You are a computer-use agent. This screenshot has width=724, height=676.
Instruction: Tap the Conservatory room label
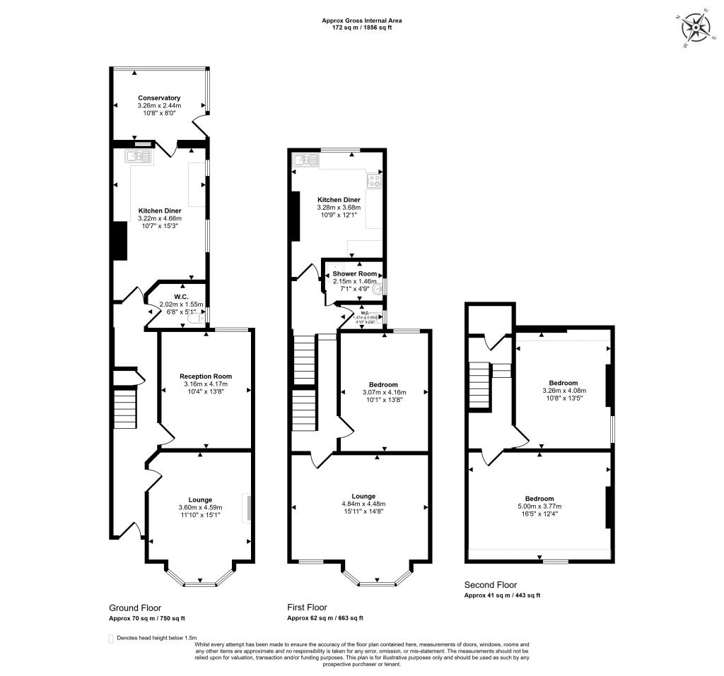coord(159,97)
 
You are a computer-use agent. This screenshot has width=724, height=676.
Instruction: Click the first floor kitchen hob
coord(373,181)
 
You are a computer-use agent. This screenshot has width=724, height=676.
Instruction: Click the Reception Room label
coord(205,376)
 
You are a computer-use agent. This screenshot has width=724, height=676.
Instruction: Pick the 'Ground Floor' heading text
coord(135,607)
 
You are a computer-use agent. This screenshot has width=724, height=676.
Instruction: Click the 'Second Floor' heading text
coord(490,585)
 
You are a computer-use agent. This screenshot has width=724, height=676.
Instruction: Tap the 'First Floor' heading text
coord(307,607)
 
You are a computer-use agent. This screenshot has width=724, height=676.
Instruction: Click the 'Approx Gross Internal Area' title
coord(362,20)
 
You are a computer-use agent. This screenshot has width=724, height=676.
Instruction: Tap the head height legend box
coord(111,638)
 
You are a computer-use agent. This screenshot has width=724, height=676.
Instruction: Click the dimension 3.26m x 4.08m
coord(564,391)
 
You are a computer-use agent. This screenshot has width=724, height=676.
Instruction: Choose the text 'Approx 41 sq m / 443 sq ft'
coord(502,595)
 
